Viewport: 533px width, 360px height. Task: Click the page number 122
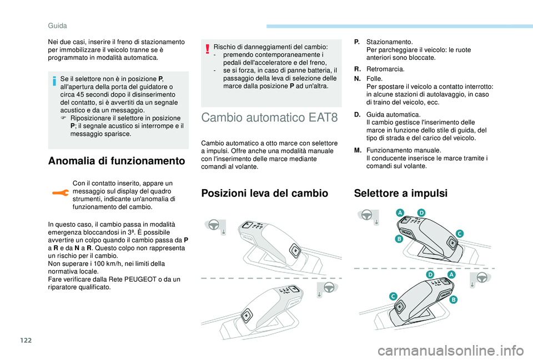(x=26, y=340)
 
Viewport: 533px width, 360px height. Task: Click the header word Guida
(x=57, y=26)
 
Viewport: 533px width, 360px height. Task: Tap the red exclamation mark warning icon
(x=207, y=49)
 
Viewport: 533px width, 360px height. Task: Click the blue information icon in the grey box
(x=54, y=82)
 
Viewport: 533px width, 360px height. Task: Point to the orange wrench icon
(x=61, y=193)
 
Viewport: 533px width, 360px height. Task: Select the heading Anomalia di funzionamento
(x=117, y=161)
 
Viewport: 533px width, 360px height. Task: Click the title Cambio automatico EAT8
(x=270, y=118)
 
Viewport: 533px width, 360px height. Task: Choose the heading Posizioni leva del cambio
(x=265, y=193)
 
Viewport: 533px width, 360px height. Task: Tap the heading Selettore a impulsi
(x=401, y=193)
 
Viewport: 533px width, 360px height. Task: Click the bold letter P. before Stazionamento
(x=356, y=42)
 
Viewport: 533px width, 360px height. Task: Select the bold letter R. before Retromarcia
(x=357, y=69)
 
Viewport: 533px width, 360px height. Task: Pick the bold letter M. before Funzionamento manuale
(x=358, y=150)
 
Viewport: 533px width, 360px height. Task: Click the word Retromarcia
(x=385, y=69)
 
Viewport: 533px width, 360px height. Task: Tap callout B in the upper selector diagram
(x=399, y=239)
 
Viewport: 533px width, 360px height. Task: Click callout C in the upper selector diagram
(x=460, y=234)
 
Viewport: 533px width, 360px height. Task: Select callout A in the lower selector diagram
(x=451, y=275)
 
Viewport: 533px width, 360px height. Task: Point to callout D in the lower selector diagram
(x=430, y=275)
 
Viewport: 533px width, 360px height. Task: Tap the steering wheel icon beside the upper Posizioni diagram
(x=214, y=225)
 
